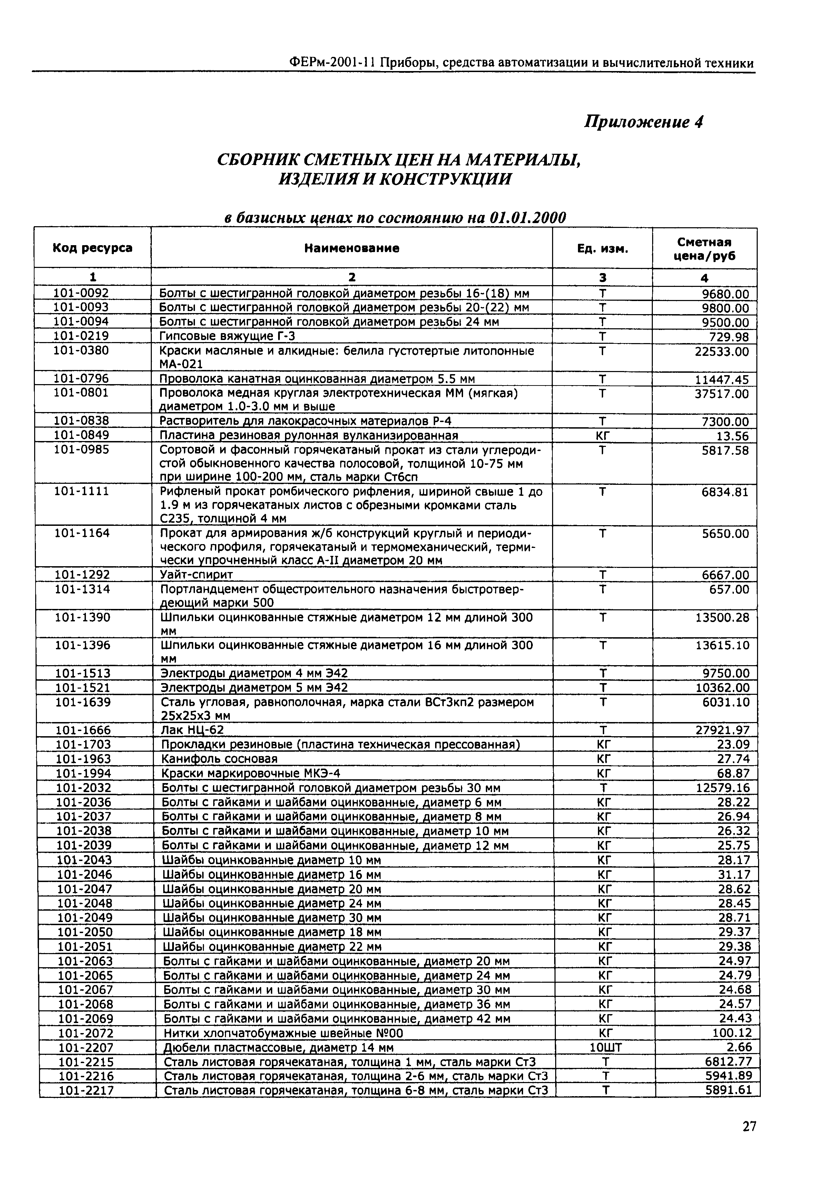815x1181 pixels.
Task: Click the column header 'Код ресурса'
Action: click(92, 248)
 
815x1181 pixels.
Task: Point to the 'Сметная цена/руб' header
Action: click(704, 249)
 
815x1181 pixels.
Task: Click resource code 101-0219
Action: click(82, 336)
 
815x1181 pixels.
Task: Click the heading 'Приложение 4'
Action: click(644, 122)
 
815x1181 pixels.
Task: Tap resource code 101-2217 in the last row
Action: click(86, 1091)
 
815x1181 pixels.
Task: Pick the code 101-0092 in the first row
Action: click(82, 293)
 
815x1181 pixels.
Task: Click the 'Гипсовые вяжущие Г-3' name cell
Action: click(227, 336)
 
